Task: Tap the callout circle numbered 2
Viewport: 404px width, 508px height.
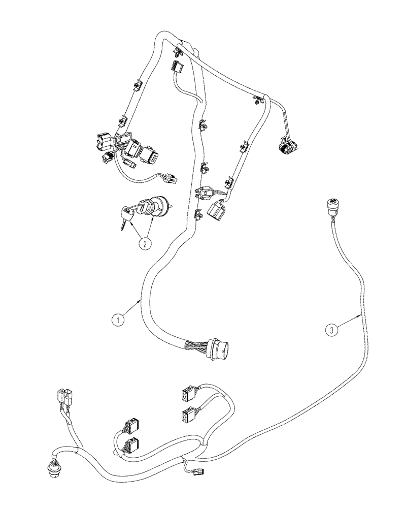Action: [x=145, y=244]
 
